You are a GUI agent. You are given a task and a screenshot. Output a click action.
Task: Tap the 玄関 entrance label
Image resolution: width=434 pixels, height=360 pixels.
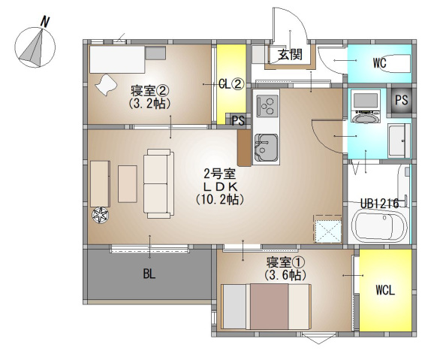coord(290,55)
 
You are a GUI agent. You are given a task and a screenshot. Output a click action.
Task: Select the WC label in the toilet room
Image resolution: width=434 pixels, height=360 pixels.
coord(379,63)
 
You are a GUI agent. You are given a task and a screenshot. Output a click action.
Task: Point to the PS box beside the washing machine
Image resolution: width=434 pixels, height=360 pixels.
coord(401,100)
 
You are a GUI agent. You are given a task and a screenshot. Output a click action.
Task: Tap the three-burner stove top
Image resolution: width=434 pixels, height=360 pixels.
coord(267,106)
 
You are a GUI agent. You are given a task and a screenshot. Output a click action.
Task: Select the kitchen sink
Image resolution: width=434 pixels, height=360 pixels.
coord(266,147)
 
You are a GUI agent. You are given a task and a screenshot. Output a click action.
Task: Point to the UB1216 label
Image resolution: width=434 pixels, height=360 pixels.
coord(379,204)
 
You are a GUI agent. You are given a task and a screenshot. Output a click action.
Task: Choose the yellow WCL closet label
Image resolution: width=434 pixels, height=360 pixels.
coord(385,290)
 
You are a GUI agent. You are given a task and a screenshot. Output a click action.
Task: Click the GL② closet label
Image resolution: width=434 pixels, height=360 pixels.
coord(231,84)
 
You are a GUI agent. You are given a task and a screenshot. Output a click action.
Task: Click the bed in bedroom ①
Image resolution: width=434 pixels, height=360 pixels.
coord(267,307)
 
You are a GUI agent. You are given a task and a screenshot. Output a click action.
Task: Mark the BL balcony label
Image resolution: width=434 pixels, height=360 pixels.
coord(149,274)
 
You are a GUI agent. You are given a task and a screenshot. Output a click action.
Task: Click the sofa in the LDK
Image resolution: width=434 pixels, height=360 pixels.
coord(158,183)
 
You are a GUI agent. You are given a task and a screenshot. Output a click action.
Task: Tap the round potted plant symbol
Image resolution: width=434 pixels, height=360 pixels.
coord(100,215)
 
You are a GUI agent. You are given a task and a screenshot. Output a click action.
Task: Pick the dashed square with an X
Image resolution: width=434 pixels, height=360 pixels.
coord(327,228)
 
